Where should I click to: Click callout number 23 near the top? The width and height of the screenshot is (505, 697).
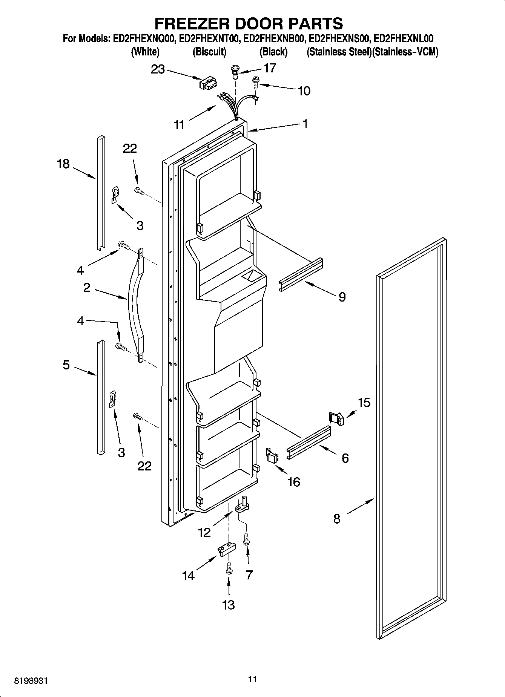[x=158, y=69]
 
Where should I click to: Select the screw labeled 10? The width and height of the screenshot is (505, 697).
[x=255, y=82]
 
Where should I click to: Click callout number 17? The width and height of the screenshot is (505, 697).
[x=270, y=68]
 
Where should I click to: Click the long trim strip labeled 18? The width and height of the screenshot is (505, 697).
[x=100, y=192]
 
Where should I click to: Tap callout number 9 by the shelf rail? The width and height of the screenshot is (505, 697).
[x=342, y=297]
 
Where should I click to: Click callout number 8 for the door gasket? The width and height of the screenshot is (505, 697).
[x=337, y=519]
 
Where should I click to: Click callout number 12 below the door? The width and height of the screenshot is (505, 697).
[x=204, y=532]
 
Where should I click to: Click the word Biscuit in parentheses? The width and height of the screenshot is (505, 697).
[x=209, y=52]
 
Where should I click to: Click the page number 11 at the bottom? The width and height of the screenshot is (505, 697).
[x=252, y=679]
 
